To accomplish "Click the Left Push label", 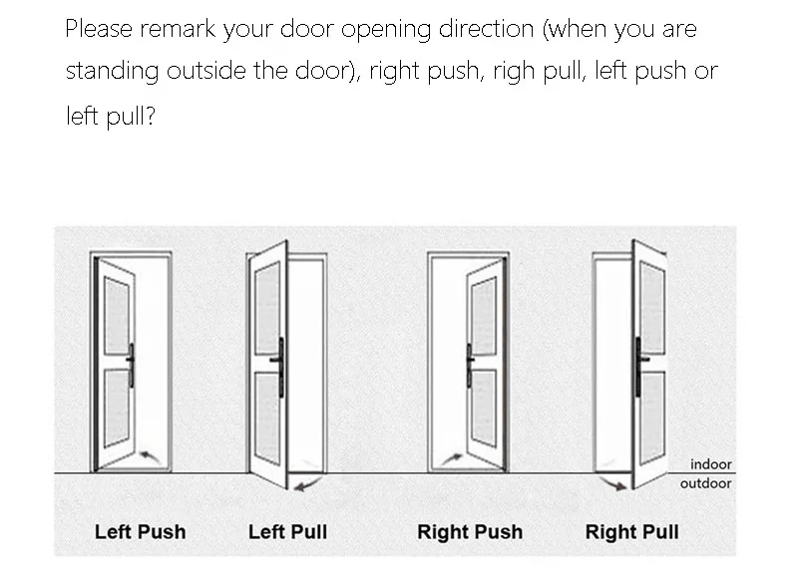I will pos(140,531).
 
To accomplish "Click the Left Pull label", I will pos(287,531).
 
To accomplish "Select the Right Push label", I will pos(469,531).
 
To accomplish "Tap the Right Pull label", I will pos(631,531).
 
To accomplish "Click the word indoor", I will pos(710,464).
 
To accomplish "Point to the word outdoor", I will pos(705,483).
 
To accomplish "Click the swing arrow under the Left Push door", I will pos(152,455).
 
